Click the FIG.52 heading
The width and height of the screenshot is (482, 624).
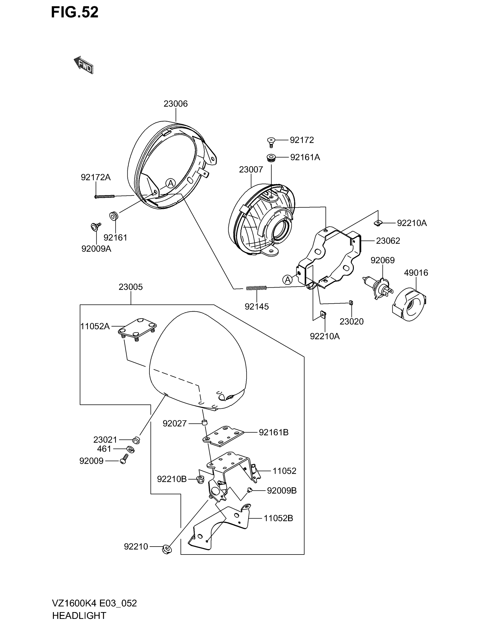point(75,13)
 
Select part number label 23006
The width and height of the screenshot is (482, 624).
point(175,104)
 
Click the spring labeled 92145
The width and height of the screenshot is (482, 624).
point(256,288)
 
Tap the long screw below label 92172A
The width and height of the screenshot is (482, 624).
point(104,196)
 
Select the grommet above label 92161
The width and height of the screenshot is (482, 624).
point(114,216)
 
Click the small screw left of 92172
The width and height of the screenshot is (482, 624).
point(271,141)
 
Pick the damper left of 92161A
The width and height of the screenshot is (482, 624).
point(271,157)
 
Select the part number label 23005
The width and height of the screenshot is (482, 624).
point(130,287)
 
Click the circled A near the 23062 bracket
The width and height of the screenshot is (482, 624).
point(287,280)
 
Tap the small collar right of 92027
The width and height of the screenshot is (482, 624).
point(205,423)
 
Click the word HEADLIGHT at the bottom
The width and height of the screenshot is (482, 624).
point(79,615)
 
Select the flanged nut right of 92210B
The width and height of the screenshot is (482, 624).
point(200,479)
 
